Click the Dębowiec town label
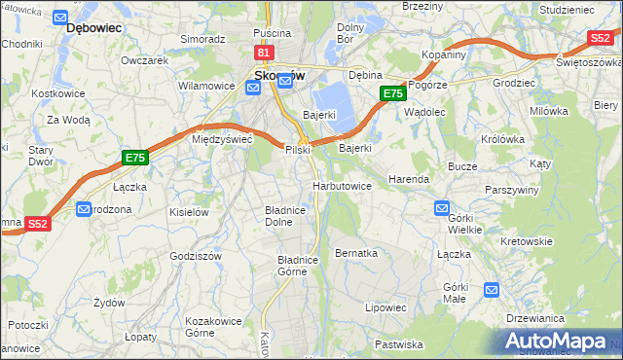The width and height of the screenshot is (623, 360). tap(92, 28)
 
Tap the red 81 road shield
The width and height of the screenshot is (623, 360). tap(264, 53)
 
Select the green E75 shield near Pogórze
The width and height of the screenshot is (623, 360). tap(391, 93)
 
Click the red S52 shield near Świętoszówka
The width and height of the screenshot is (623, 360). tap(601, 37)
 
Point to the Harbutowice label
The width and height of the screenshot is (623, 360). tap(342, 185)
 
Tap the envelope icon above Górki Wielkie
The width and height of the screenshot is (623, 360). tap(441, 207)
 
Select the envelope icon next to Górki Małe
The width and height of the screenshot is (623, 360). tap(492, 289)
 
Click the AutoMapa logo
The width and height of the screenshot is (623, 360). tap(559, 341)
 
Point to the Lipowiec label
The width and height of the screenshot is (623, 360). tap(385, 307)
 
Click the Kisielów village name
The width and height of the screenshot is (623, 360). tap(189, 211)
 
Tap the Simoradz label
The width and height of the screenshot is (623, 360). tap(202, 39)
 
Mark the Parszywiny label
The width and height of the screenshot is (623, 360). tap(511, 190)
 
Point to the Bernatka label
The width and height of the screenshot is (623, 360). tap(355, 252)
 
